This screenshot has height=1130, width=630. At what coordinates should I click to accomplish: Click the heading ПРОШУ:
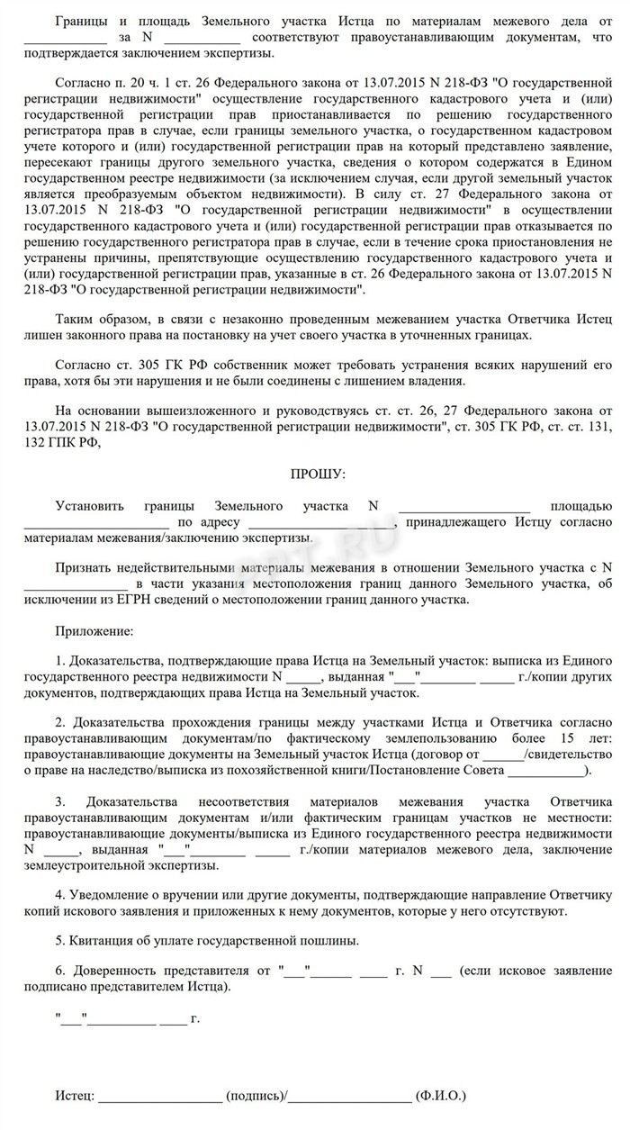pos(315,473)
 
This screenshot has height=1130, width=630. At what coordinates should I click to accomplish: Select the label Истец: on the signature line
pos(74,1097)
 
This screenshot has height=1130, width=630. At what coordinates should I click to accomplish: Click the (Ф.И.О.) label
pos(440,1097)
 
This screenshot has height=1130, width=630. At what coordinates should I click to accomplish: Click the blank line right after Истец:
pos(160,1098)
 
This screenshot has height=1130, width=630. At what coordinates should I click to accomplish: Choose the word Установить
pos(90,506)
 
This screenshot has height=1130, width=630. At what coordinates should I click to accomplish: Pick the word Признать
pos(83,567)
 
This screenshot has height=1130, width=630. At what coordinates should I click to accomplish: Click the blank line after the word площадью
pos(96,523)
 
